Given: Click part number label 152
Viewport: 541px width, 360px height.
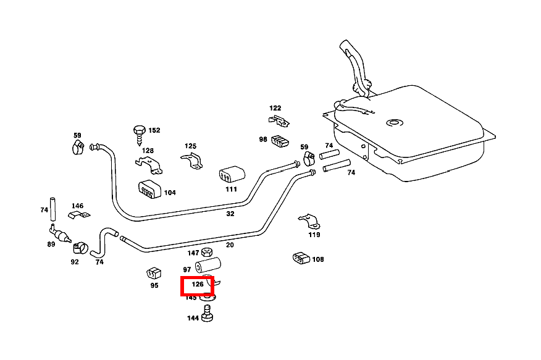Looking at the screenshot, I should [x=154, y=130].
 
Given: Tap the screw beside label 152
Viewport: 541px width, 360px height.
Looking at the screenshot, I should [x=139, y=132].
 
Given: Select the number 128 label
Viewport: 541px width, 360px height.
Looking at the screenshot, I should [x=148, y=151].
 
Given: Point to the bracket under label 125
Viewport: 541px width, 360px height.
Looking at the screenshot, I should [x=191, y=161].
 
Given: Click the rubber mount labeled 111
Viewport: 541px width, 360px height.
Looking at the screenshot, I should [x=231, y=175].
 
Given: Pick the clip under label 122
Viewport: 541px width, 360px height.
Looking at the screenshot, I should [x=278, y=120].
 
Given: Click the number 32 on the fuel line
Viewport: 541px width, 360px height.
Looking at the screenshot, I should [x=230, y=214].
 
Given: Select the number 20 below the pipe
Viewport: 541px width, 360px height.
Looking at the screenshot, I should [x=230, y=245].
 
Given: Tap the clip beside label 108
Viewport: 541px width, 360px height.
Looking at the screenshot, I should [x=300, y=259].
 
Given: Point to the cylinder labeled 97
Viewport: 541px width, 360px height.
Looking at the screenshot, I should [x=208, y=266].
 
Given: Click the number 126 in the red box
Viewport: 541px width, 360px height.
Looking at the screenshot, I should [x=198, y=285].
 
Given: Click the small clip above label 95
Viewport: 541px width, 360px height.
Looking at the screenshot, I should [x=154, y=273].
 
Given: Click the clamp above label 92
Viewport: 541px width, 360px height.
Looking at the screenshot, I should [x=78, y=248].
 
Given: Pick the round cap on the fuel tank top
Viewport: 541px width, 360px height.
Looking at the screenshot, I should [x=393, y=123].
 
